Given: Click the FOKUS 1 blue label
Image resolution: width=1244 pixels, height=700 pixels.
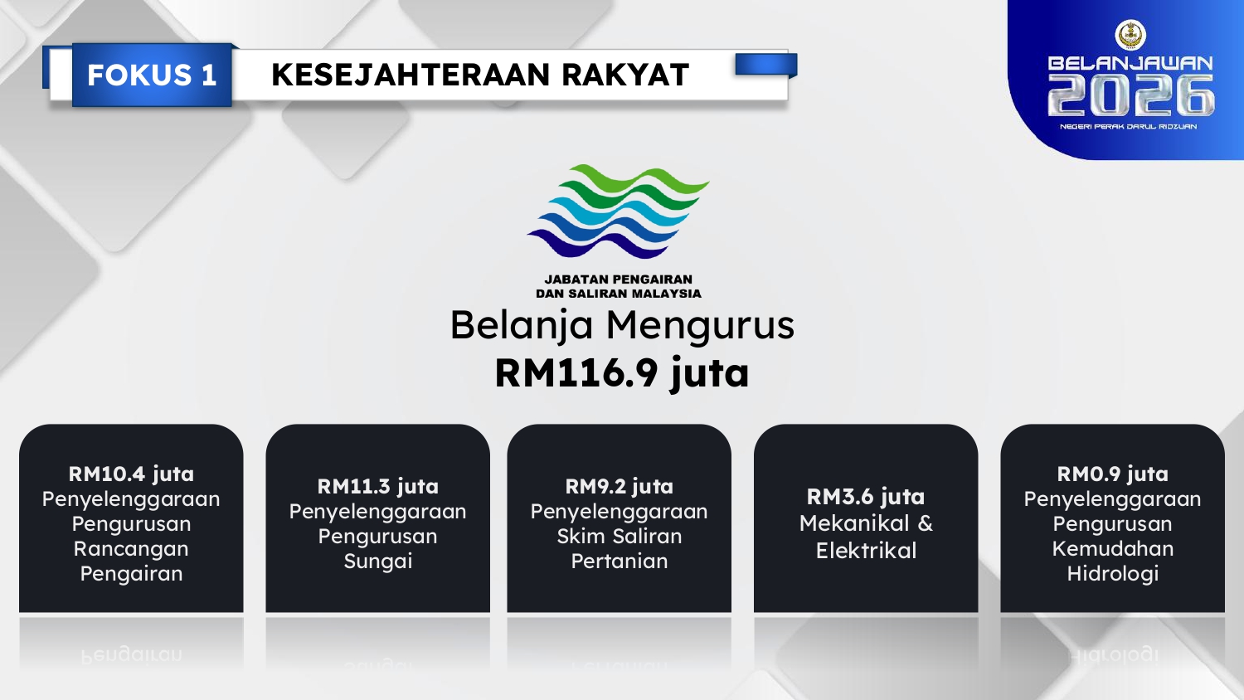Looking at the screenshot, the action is tap(152, 75).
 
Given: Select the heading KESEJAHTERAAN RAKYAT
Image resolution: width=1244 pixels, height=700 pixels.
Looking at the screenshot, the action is tap(480, 75).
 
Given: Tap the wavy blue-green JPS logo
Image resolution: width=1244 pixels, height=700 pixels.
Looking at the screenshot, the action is tap(618, 211).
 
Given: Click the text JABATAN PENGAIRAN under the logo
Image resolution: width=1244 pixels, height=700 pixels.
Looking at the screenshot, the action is tap(618, 280).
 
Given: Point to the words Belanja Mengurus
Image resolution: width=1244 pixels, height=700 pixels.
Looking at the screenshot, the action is tap(622, 325).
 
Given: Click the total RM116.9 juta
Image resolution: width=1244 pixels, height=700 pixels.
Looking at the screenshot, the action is tap(622, 372).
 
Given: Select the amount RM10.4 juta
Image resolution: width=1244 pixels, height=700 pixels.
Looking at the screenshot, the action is tap(131, 474).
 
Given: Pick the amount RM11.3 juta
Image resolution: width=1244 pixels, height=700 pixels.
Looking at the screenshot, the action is tap(377, 487).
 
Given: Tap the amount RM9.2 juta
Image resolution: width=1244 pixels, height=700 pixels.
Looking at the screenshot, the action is tap(620, 487).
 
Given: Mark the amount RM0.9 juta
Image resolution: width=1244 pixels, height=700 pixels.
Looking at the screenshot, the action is tap(1112, 474).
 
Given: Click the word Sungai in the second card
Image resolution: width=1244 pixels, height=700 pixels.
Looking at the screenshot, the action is tap(377, 561).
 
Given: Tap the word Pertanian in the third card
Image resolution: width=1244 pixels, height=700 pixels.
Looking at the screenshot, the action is tap(620, 561).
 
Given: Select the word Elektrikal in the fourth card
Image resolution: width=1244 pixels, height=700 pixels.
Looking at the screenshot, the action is tap(866, 551).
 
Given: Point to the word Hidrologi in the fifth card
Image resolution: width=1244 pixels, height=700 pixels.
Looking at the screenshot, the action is tap(1112, 574).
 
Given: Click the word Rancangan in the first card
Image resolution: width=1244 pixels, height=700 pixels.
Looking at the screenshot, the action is tap(131, 549).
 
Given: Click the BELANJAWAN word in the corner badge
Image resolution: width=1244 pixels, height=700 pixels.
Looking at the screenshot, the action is tap(1130, 63).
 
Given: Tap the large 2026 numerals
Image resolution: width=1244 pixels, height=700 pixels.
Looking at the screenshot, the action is tap(1130, 95).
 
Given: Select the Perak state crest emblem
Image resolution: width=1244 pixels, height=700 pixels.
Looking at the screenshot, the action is tap(1130, 35).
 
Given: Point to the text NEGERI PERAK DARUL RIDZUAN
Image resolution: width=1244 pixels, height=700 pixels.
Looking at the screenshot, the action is tap(1128, 127).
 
